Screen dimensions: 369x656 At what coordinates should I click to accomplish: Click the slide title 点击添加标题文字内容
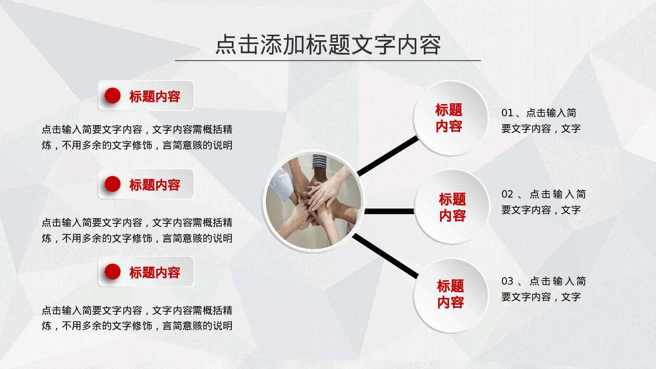328,45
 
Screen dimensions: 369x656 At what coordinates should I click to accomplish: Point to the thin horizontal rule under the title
328,60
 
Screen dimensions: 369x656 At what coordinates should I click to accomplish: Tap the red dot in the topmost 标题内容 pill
112,96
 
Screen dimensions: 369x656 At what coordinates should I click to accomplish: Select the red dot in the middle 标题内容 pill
112,184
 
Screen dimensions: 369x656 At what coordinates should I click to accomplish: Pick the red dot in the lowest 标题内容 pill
112,272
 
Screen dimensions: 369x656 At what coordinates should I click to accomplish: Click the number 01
507,113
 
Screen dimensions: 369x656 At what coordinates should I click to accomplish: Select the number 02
507,194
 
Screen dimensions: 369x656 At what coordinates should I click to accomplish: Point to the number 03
507,281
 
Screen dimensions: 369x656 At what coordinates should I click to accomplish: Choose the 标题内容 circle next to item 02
452,207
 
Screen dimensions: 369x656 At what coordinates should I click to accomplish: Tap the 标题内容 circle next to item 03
450,295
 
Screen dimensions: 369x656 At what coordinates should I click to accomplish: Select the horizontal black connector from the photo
389,211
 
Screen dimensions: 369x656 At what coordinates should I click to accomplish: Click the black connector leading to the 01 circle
388,156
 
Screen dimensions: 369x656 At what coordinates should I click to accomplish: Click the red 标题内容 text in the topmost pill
155,96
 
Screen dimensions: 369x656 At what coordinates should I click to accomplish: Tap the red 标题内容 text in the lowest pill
155,272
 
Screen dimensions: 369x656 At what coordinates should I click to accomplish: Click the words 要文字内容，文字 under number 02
541,210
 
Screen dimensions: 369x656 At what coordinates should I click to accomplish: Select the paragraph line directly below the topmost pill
137,129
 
